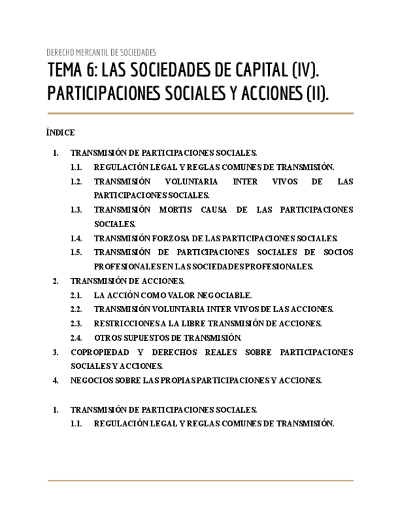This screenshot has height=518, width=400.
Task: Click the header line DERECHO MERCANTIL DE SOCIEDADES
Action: click(101, 53)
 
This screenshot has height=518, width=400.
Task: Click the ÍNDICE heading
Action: click(60, 133)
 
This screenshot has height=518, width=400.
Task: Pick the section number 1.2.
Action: click(76, 181)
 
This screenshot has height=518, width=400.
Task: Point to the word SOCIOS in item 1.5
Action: click(338, 252)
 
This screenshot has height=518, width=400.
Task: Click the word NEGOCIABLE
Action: click(221, 295)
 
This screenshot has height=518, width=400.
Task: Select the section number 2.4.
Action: click(76, 338)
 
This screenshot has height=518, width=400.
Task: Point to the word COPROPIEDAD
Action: click(100, 352)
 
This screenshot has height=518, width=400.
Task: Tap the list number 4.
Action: click(56, 380)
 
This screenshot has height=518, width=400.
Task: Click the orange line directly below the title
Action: click(200, 114)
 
